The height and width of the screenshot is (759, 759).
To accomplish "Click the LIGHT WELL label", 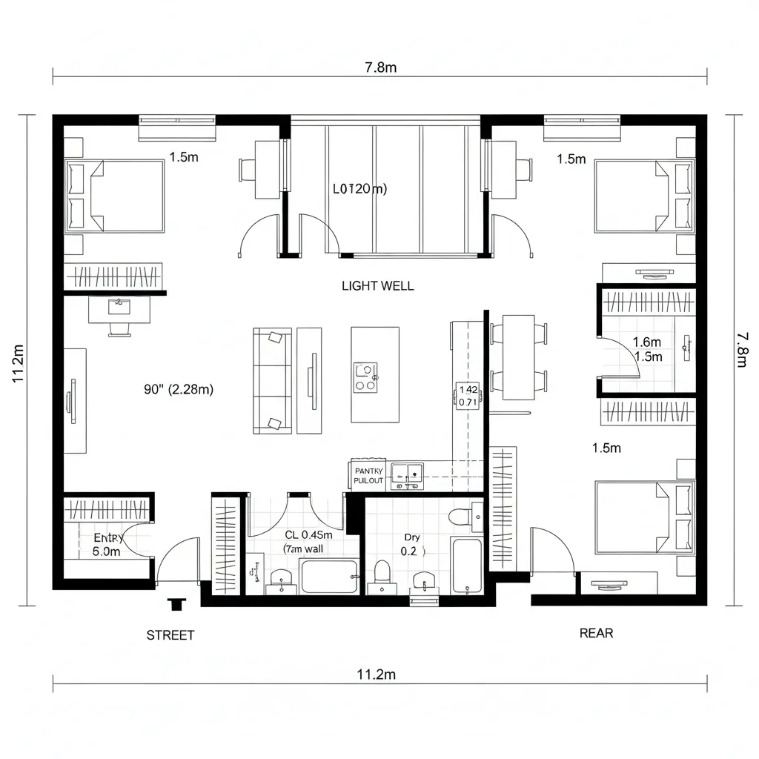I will [x=377, y=285].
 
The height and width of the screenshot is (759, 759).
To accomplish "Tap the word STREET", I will [x=170, y=635].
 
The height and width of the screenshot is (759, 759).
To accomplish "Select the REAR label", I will [x=596, y=633].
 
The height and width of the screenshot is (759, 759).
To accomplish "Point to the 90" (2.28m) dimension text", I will [x=179, y=389].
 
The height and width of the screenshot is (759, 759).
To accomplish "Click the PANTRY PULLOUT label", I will [x=368, y=475].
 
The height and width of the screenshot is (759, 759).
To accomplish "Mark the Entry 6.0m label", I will [x=107, y=545].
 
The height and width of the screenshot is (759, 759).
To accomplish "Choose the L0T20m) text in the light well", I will [x=359, y=189].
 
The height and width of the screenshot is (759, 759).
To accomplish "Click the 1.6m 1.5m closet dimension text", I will [x=647, y=349].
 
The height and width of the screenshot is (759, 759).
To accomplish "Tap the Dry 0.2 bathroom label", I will [x=411, y=544].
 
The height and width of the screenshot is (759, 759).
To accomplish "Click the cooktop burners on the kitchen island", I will [x=365, y=377].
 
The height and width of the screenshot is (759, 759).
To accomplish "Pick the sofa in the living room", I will [x=271, y=380].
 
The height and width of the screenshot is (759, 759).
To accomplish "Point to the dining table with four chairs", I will [x=518, y=356].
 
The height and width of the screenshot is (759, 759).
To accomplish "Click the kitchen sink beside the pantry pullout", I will [x=406, y=474].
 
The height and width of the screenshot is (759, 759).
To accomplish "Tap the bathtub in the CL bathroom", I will [x=329, y=577].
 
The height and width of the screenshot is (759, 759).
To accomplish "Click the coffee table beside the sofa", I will [x=309, y=380].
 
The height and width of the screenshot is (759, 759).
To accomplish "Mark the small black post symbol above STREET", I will [x=176, y=604].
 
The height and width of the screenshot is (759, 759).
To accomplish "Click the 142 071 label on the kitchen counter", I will [x=468, y=396].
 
